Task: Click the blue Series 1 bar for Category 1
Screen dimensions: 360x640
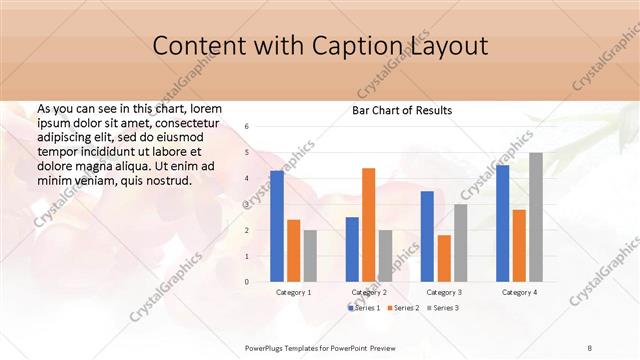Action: click(277, 226)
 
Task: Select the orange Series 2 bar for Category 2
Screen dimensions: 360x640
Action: click(368, 225)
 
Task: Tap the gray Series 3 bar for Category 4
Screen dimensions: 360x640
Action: click(536, 217)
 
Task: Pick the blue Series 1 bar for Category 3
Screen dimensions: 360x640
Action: click(427, 236)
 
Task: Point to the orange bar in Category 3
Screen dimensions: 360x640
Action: click(443, 258)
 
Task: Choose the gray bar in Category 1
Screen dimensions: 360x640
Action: click(310, 256)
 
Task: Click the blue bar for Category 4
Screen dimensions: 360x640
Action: click(502, 223)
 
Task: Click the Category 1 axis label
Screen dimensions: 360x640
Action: click(293, 292)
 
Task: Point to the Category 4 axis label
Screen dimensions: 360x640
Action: click(519, 292)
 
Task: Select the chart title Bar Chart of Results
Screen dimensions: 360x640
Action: click(402, 110)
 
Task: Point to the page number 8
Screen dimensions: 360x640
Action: click(590, 347)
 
